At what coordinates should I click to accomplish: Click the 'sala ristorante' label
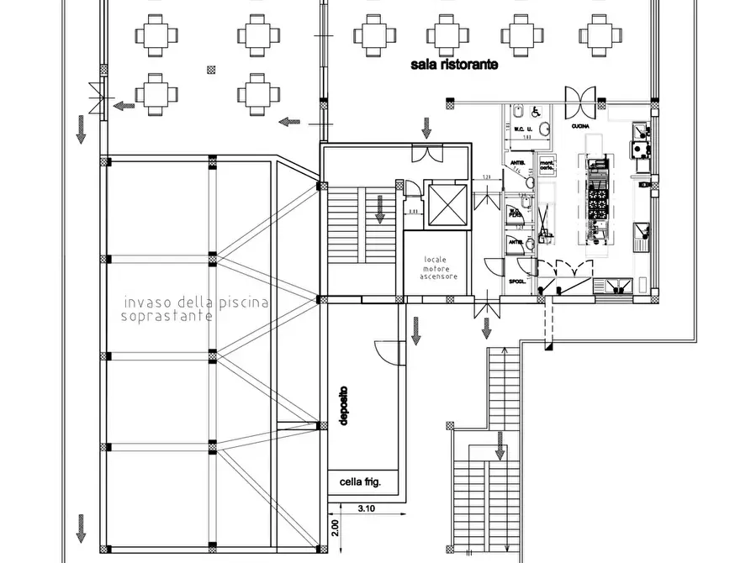point(454,65)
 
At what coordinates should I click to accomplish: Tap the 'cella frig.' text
point(361,482)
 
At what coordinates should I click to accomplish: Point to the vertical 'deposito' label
point(344,406)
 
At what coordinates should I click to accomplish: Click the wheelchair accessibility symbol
point(520,110)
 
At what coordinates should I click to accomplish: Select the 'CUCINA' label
point(579,126)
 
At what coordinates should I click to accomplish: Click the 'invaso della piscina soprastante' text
point(195,308)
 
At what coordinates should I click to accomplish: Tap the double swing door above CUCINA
point(581,102)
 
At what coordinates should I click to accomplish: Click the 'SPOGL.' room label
point(516,281)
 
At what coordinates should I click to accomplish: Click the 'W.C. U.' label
point(513,129)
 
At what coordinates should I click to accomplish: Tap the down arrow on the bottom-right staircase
point(500,445)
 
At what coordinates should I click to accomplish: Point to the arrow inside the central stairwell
point(380,208)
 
